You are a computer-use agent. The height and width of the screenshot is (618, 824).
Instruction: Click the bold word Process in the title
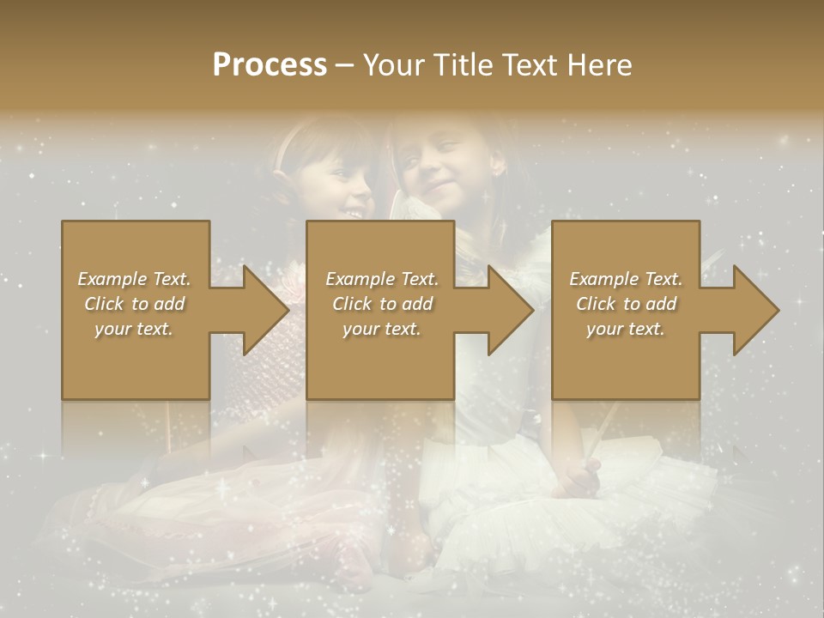click(x=270, y=65)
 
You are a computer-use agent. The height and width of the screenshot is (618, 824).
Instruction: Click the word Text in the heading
click(x=530, y=65)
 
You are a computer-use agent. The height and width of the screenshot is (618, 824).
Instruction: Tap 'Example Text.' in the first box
click(x=134, y=279)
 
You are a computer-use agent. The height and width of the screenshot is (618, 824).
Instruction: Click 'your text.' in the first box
click(x=134, y=329)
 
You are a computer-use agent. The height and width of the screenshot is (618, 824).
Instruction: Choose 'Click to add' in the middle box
click(x=382, y=304)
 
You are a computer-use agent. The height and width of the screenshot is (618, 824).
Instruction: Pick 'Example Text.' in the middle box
click(x=382, y=279)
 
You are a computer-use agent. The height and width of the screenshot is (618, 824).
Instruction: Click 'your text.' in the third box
click(x=626, y=329)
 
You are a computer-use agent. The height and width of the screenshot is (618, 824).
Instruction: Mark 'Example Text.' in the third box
click(x=626, y=279)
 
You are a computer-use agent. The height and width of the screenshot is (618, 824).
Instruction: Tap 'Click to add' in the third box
click(x=626, y=304)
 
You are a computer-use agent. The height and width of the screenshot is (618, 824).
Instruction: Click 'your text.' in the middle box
click(x=382, y=329)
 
